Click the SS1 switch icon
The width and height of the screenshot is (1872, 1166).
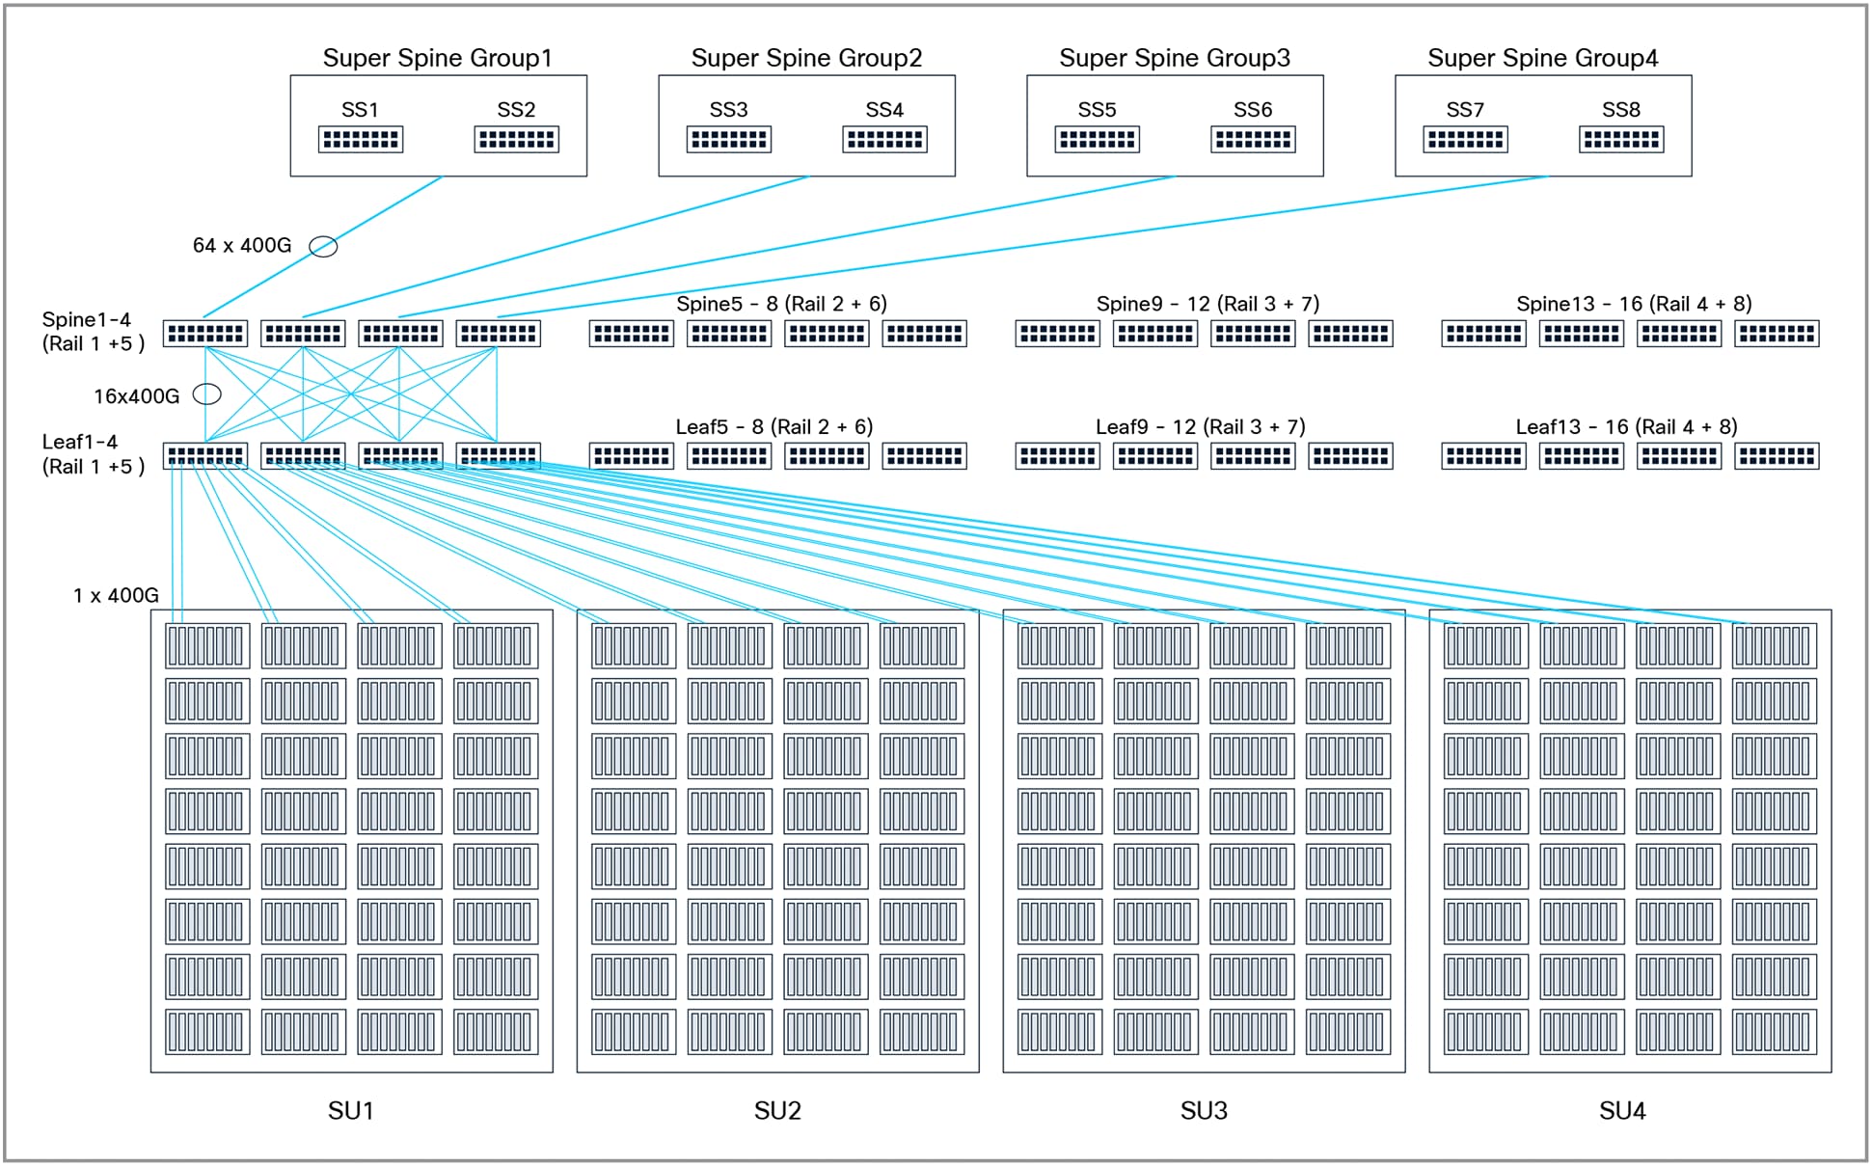click(x=360, y=140)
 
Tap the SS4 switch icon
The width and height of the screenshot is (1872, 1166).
click(x=884, y=140)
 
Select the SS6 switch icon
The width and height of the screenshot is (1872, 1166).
click(x=1252, y=140)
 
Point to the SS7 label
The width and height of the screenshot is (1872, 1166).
click(x=1464, y=110)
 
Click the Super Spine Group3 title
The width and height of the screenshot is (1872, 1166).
click(x=1174, y=58)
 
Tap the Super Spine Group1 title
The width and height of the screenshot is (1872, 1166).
click(x=437, y=58)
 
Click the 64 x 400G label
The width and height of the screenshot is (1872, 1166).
click(x=241, y=246)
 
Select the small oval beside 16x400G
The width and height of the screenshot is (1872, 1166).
click(x=207, y=394)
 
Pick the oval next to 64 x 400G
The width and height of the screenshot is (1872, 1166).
click(x=323, y=247)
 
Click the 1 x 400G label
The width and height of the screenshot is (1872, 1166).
click(x=116, y=596)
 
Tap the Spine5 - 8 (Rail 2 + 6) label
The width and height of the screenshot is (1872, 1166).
click(x=781, y=304)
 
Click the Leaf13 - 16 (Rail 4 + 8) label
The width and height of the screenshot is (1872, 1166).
click(x=1626, y=426)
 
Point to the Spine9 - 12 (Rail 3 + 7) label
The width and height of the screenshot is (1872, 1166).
click(x=1207, y=304)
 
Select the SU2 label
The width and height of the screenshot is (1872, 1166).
click(x=777, y=1111)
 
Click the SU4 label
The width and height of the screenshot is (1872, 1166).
click(x=1622, y=1111)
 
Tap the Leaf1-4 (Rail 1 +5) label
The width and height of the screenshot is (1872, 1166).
click(x=93, y=454)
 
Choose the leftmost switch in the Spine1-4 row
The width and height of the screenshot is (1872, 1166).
click(x=205, y=334)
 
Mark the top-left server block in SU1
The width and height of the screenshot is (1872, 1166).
click(x=206, y=646)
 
